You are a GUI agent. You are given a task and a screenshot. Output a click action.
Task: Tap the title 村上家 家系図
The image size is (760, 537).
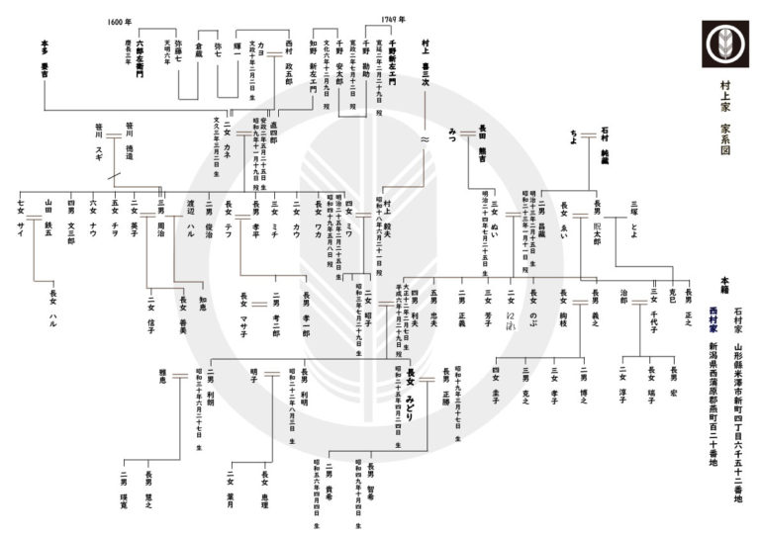point(725,110)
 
